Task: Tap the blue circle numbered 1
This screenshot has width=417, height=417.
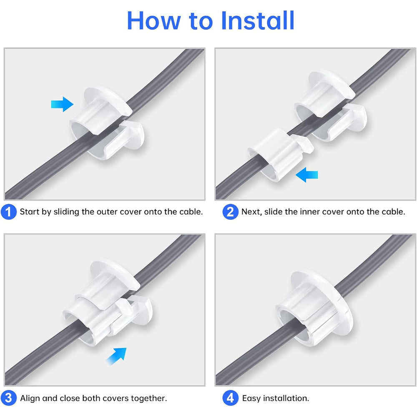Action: (9, 212)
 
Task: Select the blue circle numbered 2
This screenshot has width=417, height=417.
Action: (230, 212)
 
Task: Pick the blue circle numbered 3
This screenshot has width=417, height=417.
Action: (9, 398)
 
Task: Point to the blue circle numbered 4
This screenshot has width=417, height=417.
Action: (230, 398)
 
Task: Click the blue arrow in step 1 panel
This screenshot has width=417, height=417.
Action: (62, 104)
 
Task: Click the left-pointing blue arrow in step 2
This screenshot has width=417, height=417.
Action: (306, 176)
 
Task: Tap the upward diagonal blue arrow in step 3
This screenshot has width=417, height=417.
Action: (116, 356)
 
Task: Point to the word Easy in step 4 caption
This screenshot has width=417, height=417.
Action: (251, 398)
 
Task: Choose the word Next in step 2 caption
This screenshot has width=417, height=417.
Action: (251, 212)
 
